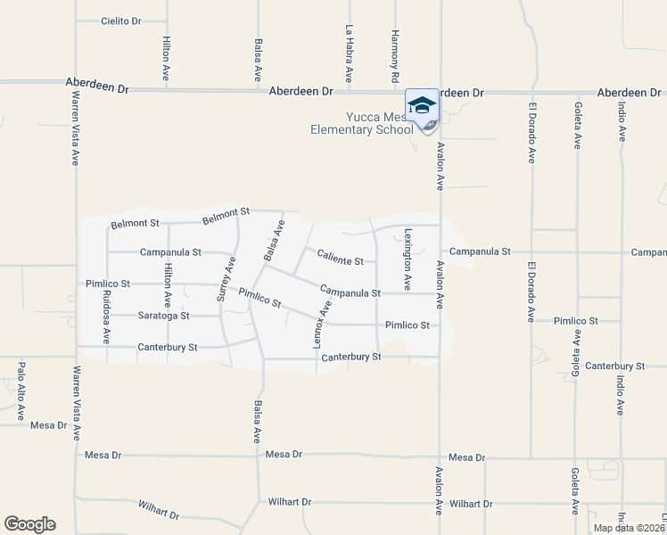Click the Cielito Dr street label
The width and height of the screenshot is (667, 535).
(121, 21)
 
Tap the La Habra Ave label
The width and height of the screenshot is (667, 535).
(350, 53)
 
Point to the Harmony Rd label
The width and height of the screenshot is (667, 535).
(394, 53)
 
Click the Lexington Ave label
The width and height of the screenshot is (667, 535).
(408, 259)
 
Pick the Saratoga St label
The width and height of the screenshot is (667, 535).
(163, 316)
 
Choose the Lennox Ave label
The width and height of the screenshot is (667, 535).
(321, 324)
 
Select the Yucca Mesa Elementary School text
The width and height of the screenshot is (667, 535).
(361, 123)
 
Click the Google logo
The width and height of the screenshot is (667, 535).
(29, 524)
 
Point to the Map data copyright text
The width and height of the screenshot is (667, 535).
(629, 528)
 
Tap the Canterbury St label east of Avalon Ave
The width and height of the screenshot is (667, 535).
(615, 366)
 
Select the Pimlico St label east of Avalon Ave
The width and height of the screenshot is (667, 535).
(575, 321)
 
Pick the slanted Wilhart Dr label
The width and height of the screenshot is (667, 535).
(160, 510)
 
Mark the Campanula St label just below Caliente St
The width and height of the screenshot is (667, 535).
(350, 292)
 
